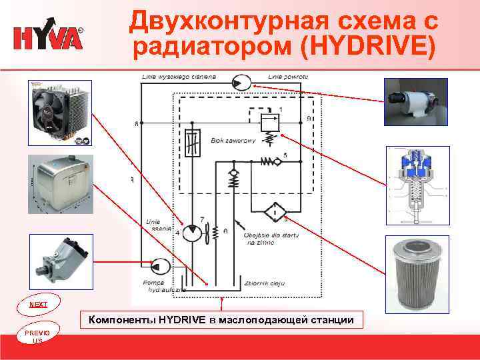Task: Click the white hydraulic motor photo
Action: (x=414, y=102)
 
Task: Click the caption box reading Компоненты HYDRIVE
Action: (x=220, y=321)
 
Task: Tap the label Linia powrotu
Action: (x=287, y=77)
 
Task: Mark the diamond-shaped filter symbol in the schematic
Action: (x=274, y=212)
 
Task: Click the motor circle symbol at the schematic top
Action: (x=241, y=83)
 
